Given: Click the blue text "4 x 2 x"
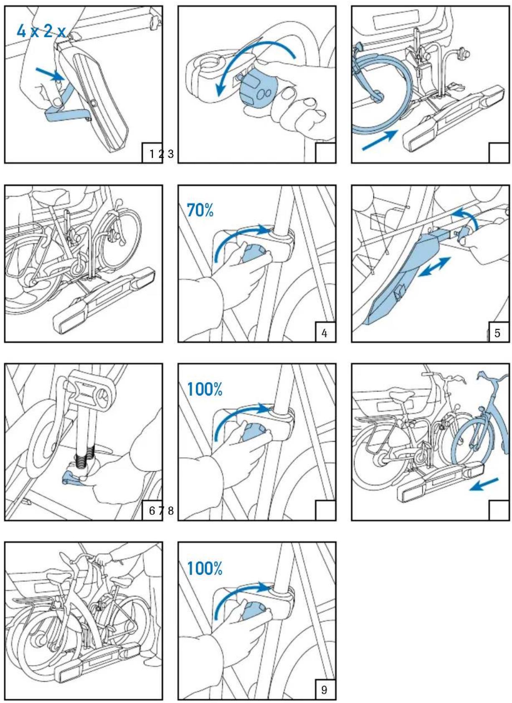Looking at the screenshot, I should (41, 30).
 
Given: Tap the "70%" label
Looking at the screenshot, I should (200, 210).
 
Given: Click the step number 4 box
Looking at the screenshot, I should (324, 333).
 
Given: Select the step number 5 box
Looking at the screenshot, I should (497, 333).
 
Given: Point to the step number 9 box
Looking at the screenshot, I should (324, 689).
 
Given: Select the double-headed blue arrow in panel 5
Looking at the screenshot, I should (434, 267).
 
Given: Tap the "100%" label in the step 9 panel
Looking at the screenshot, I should (204, 568).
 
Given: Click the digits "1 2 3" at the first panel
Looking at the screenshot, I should (162, 154).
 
